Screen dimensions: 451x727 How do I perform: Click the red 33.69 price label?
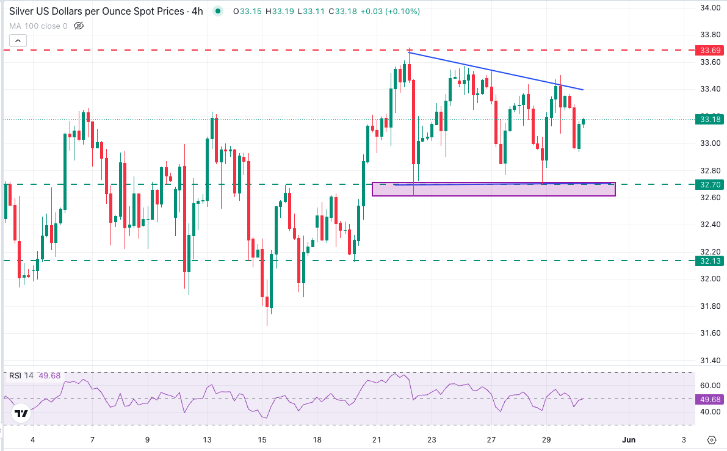(x=711, y=50)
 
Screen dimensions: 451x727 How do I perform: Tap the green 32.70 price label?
(x=711, y=184)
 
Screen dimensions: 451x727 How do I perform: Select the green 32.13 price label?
(x=711, y=261)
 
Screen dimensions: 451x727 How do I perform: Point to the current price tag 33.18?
(x=711, y=119)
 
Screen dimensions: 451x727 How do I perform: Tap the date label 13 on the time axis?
(x=208, y=440)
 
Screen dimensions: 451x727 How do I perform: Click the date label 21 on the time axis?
(x=377, y=440)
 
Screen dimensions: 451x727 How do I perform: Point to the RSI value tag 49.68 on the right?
(x=711, y=399)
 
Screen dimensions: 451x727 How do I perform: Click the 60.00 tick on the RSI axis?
(x=708, y=386)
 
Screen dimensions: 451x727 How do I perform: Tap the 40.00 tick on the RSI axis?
(x=708, y=412)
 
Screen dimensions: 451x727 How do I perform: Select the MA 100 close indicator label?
(x=38, y=26)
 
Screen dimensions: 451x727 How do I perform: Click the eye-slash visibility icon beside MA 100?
(x=78, y=26)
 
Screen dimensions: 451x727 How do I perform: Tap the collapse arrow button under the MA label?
(x=18, y=41)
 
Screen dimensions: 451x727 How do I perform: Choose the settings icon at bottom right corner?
(x=711, y=440)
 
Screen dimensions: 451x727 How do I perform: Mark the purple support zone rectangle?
(x=493, y=190)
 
